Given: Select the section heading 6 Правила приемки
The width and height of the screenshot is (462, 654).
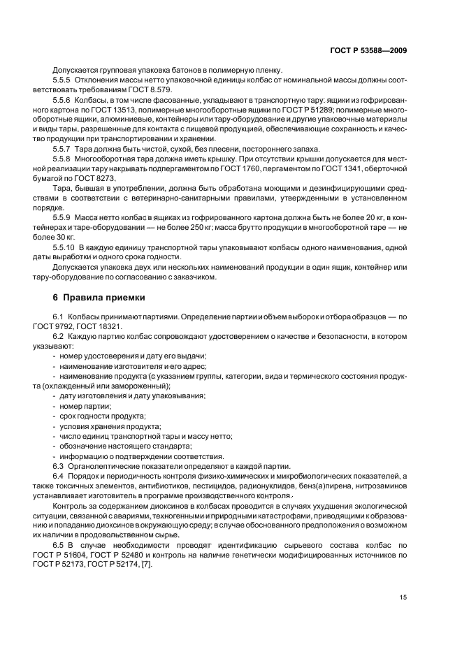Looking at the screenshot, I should (99, 297).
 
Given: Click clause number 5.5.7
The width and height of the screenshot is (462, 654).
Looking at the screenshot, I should (64, 149).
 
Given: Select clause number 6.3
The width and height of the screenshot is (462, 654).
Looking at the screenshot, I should (58, 465).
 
